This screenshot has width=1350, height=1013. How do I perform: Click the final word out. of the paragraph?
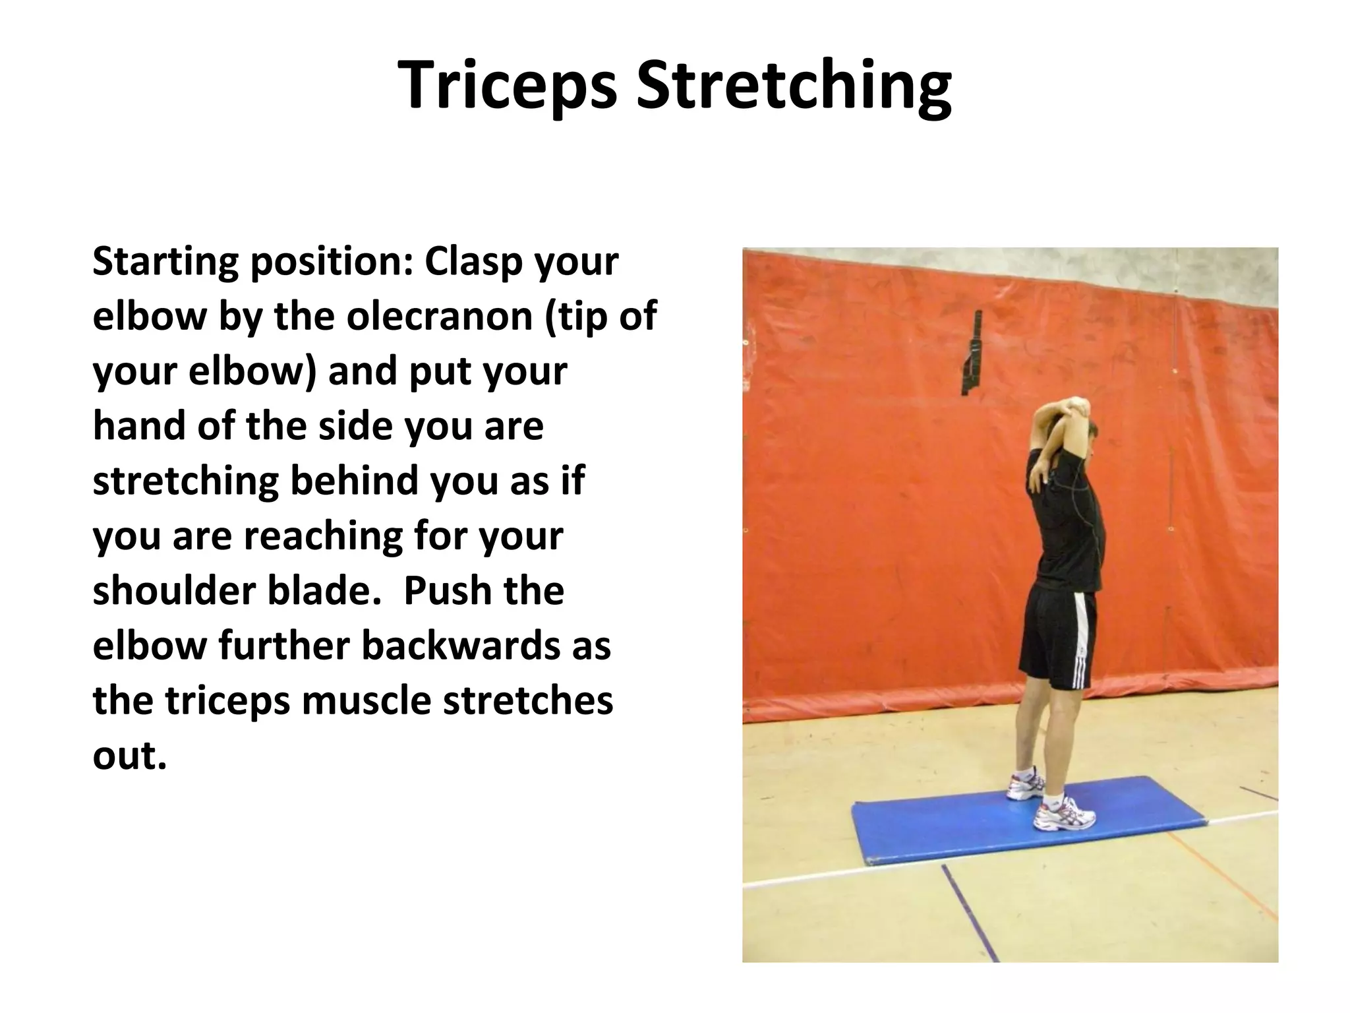pyautogui.click(x=129, y=755)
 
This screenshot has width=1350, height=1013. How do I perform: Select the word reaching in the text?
pyautogui.click(x=323, y=536)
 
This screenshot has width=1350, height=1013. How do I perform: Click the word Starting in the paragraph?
pyautogui.click(x=165, y=262)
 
